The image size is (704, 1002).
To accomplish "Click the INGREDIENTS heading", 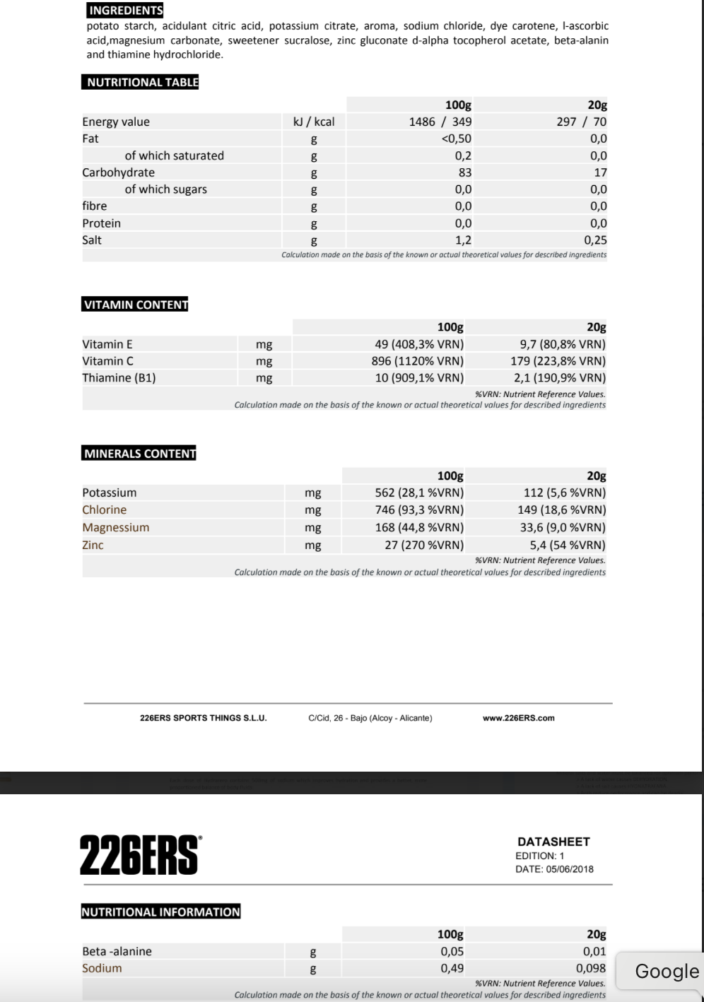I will pos(125,10).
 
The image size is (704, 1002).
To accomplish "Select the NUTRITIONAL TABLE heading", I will pos(142,82).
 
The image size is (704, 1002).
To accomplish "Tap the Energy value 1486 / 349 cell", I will pos(440,122).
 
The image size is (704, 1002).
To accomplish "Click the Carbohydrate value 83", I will pos(464,172).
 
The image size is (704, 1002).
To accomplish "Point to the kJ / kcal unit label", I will pos(314,122).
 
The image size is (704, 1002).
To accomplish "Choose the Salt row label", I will pos(92,240).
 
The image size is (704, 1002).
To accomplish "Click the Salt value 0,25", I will pos(595,240).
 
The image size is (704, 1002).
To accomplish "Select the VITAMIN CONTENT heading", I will pos(136,305).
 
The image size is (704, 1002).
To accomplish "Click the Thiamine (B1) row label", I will pos(119,377).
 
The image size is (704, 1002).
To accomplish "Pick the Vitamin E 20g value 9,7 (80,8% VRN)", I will pos(562,344).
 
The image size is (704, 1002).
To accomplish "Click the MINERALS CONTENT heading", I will pos(139,453).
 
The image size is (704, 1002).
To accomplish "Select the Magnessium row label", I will pos(115,527).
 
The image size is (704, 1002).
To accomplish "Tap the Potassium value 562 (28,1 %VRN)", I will pos(419,493).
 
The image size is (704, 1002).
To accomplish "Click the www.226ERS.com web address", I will pos(518,718).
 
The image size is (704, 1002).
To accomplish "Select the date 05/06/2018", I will pos(569,869).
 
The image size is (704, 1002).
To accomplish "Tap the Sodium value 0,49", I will pos(452,968).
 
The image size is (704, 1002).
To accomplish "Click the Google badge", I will pos(666,971).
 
